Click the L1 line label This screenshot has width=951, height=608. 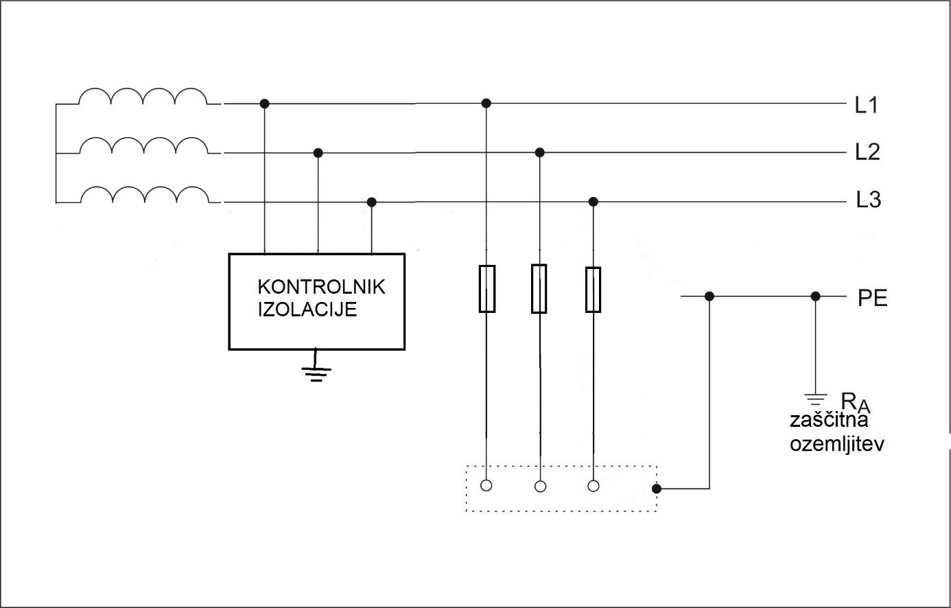pos(867,105)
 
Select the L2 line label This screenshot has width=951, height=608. pos(867,152)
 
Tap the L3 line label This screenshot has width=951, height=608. pos(868,200)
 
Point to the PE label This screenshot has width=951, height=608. pos(872,299)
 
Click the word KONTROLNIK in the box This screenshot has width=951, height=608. pos(321,287)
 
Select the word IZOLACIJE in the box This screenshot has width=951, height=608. pos(307,309)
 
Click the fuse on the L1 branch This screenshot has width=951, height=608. pos(486,289)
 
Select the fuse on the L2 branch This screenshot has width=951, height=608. pos(539,289)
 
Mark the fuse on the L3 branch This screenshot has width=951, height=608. pos(593,290)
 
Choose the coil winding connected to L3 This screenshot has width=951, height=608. pos(144,196)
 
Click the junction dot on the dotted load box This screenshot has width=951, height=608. pos(656,489)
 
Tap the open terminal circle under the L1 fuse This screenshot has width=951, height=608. pos(486,486)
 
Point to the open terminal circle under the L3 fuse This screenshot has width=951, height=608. pos(594,486)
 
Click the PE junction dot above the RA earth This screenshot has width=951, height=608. pos(815,296)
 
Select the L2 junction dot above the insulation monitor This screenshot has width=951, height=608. pos(317,152)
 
